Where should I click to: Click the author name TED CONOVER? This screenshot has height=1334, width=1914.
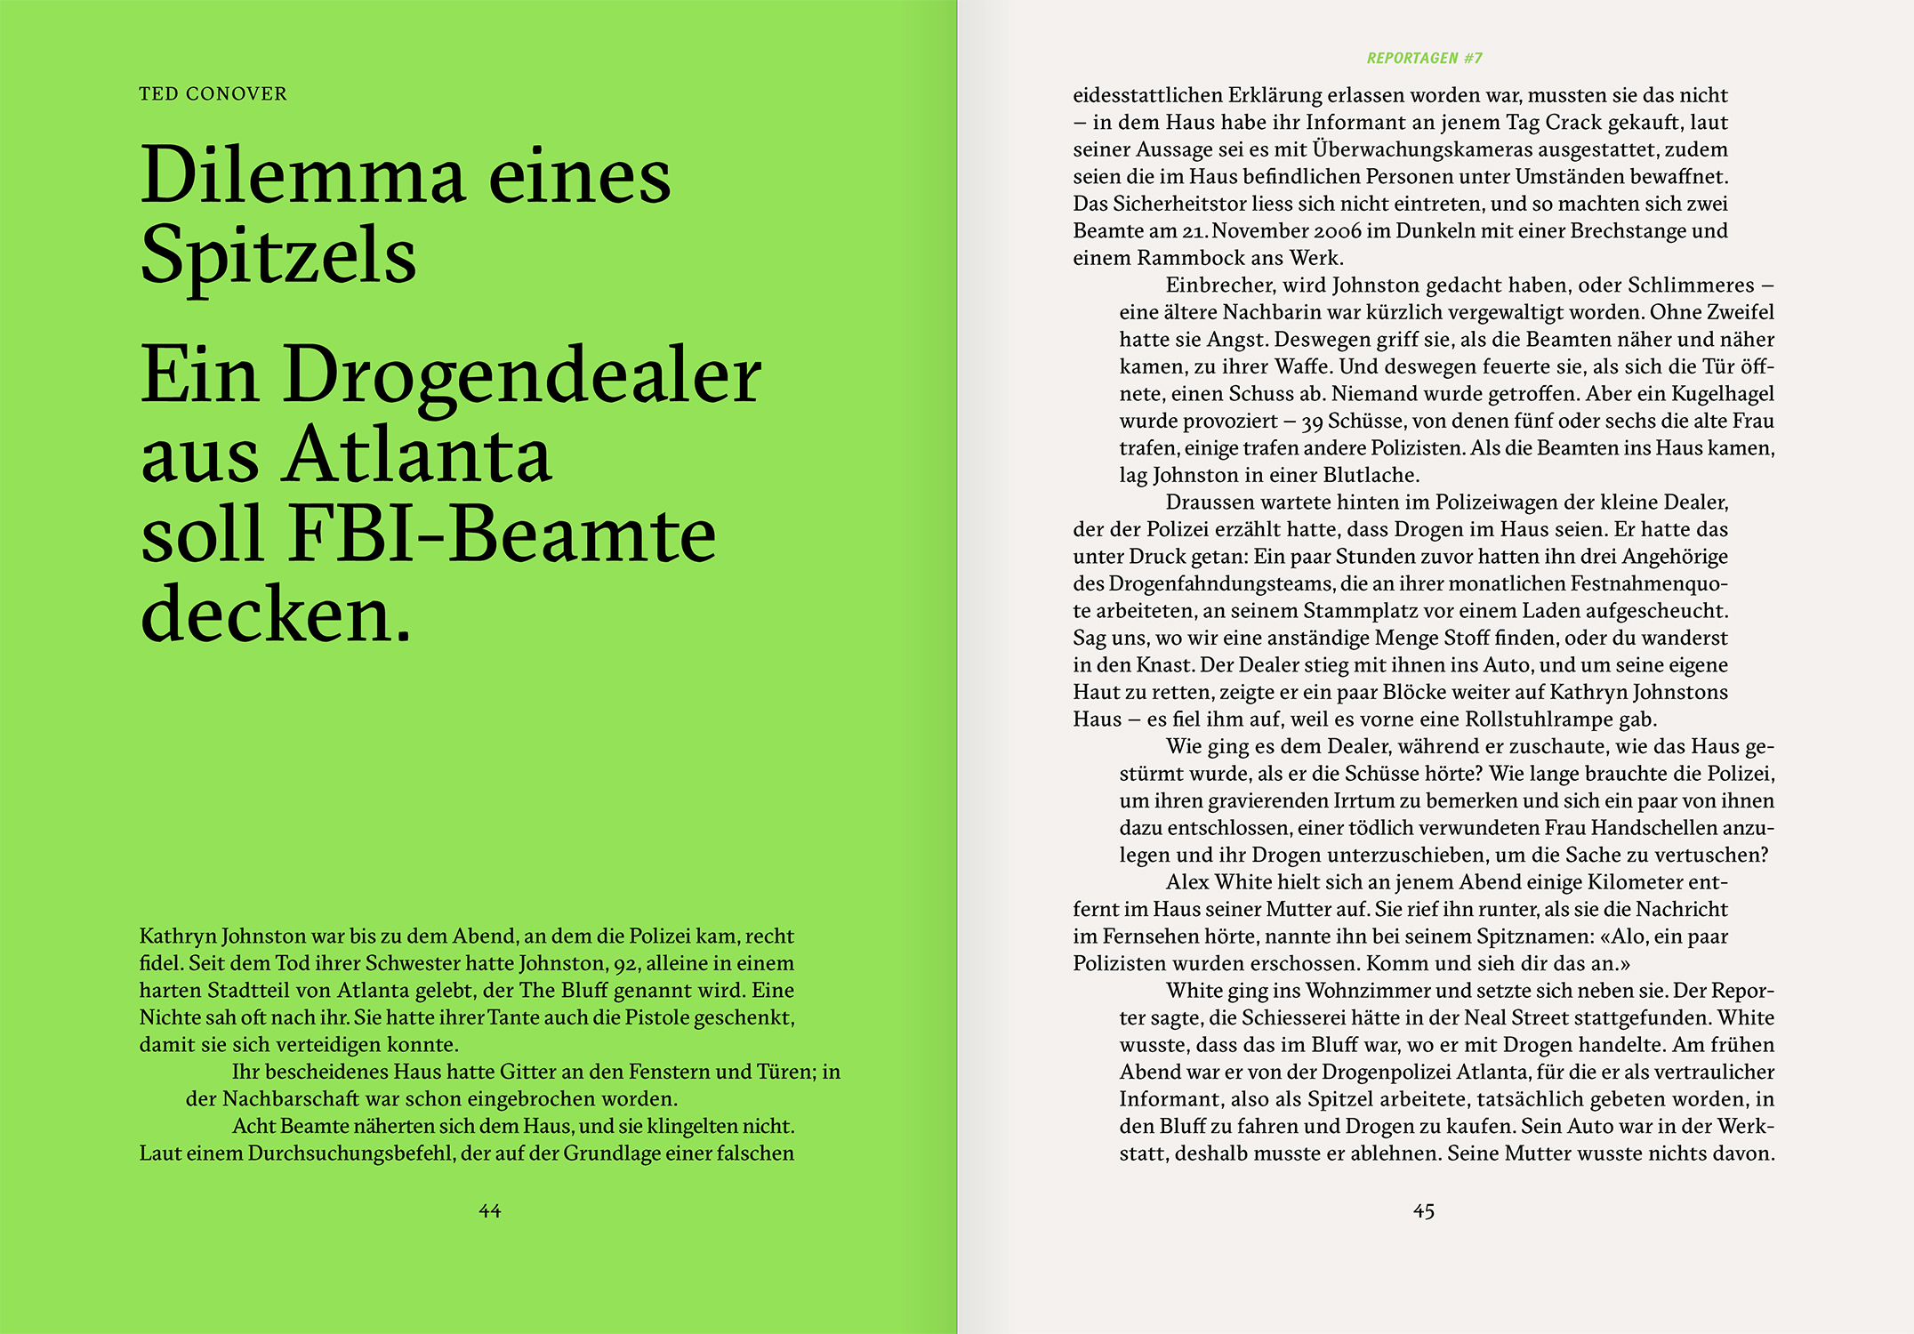coord(213,94)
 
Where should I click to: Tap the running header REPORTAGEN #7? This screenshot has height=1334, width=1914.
coord(1424,59)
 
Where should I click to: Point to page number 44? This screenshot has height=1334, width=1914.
coord(489,1211)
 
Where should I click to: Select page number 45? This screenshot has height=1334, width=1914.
coord(1423,1211)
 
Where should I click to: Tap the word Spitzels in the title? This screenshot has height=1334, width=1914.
coord(278,256)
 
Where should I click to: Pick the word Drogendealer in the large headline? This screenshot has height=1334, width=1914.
coord(522,375)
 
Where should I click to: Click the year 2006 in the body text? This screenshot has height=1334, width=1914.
coord(1338,231)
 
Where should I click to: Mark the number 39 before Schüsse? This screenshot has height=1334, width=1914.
coord(1312,422)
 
